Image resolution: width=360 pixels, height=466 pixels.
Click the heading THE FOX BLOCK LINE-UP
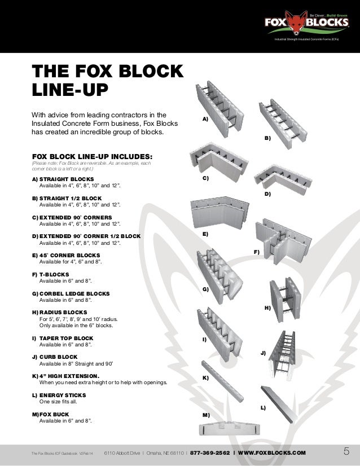tap(107, 81)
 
